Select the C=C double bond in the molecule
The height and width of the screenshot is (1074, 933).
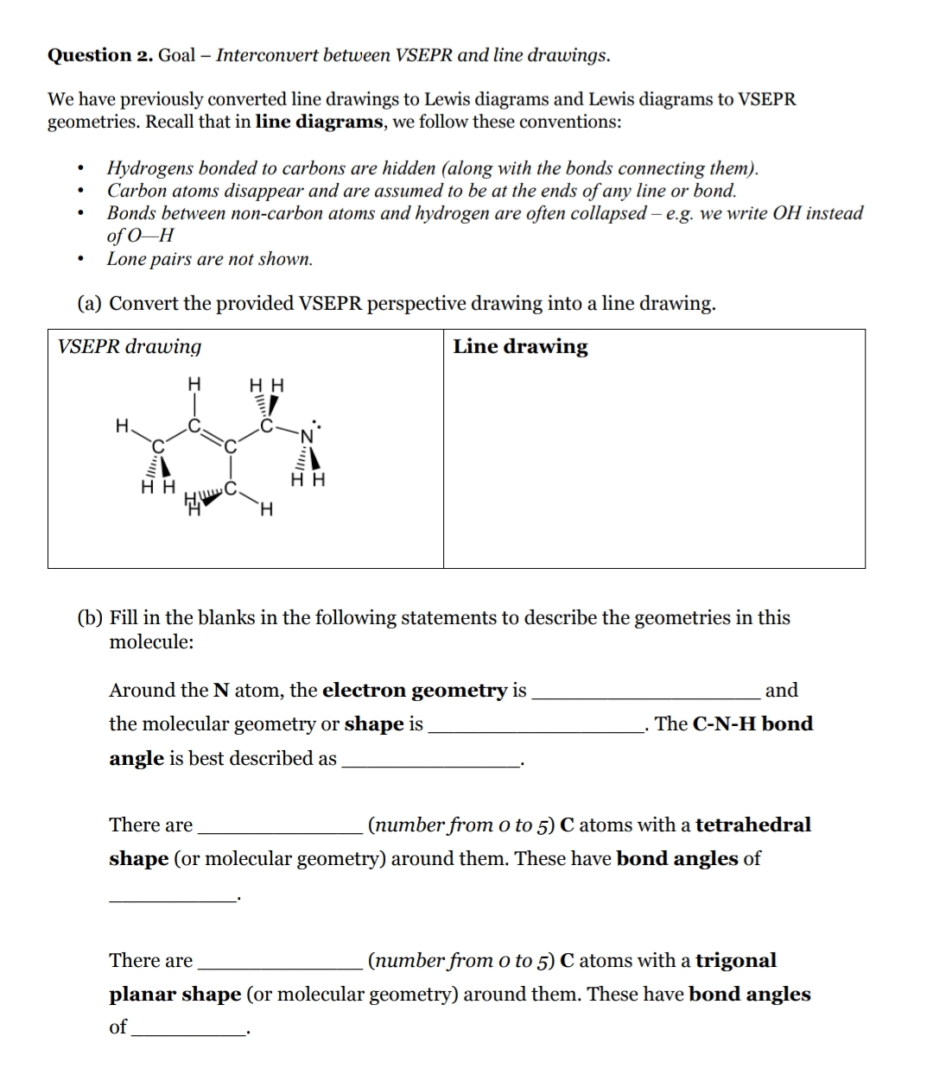pyautogui.click(x=213, y=436)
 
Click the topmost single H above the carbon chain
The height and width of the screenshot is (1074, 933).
pyautogui.click(x=194, y=382)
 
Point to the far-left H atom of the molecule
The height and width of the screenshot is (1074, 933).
pyautogui.click(x=122, y=425)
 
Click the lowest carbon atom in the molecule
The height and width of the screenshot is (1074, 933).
pyautogui.click(x=230, y=489)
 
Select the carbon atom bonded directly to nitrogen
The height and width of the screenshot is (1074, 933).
pyautogui.click(x=268, y=426)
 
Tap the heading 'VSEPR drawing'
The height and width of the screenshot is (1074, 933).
pyautogui.click(x=130, y=346)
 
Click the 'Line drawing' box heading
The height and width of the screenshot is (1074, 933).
pyautogui.click(x=520, y=346)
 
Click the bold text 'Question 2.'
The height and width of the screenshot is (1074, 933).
pyautogui.click(x=100, y=55)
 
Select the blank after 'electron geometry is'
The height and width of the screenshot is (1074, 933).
pyautogui.click(x=645, y=692)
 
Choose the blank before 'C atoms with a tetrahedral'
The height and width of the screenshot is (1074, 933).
pyautogui.click(x=280, y=826)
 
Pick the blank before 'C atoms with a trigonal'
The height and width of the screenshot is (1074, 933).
pyautogui.click(x=280, y=962)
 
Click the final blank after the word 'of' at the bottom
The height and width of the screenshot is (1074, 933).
pyautogui.click(x=187, y=1028)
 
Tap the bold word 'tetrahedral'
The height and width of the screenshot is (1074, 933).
pyautogui.click(x=752, y=824)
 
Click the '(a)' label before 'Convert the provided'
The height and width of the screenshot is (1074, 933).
pyautogui.click(x=90, y=304)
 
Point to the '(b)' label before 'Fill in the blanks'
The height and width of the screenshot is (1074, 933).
pyautogui.click(x=90, y=618)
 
